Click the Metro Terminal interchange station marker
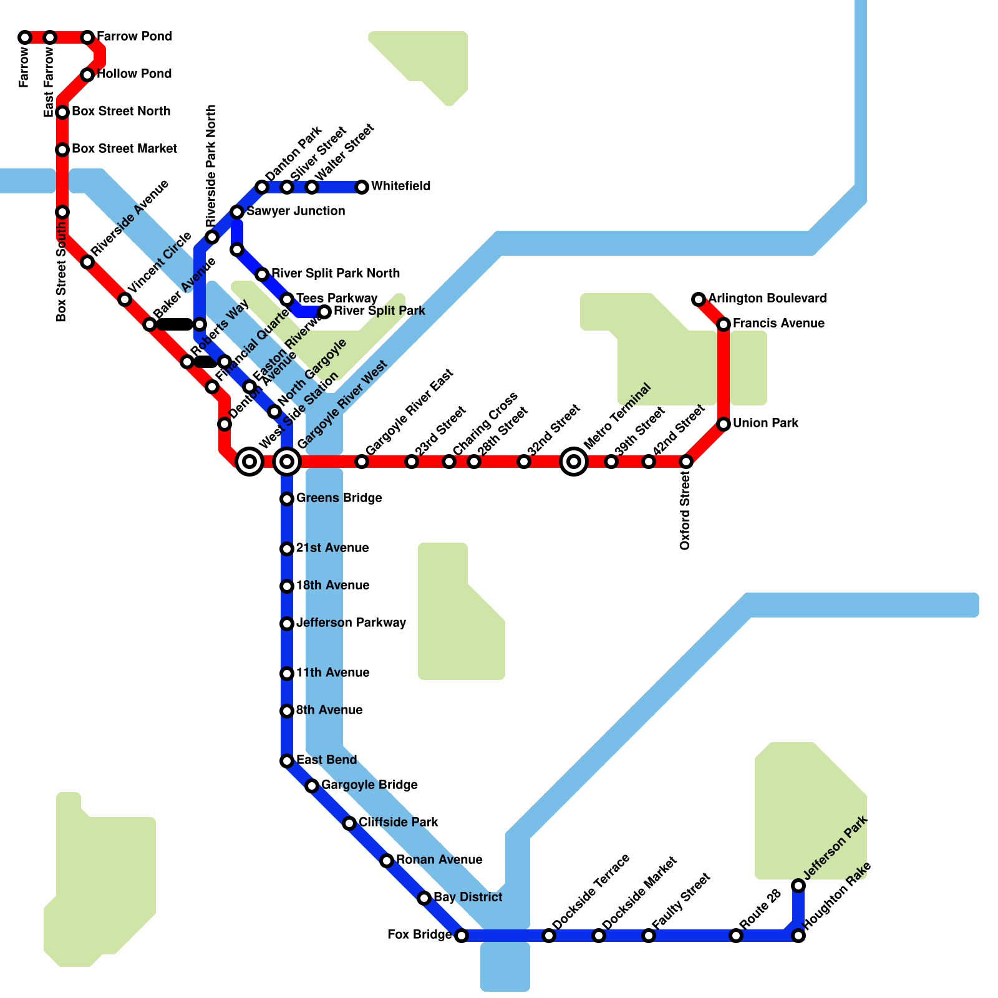pyautogui.click(x=574, y=462)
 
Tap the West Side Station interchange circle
pyautogui.click(x=249, y=462)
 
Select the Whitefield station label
pyautogui.click(x=400, y=187)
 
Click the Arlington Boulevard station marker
pyautogui.click(x=699, y=299)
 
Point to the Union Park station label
pyautogui.click(x=765, y=424)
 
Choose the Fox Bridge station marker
pyautogui.click(x=462, y=936)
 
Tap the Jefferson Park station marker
pyautogui.click(x=798, y=886)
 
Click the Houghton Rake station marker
pyautogui.click(x=798, y=936)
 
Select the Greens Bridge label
pyautogui.click(x=339, y=498)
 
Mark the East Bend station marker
pyautogui.click(x=287, y=761)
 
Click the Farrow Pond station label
pyautogui.click(x=134, y=37)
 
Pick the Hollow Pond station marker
pyautogui.click(x=87, y=75)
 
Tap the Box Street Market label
pyautogui.click(x=124, y=149)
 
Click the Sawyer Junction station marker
pyautogui.click(x=237, y=212)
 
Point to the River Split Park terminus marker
pyautogui.click(x=324, y=312)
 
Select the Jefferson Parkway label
pyautogui.click(x=351, y=623)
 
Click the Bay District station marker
pyautogui.click(x=424, y=898)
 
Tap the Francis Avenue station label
pyautogui.click(x=778, y=324)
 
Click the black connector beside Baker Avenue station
pyautogui.click(x=175, y=324)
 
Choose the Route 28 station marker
pyautogui.click(x=736, y=936)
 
